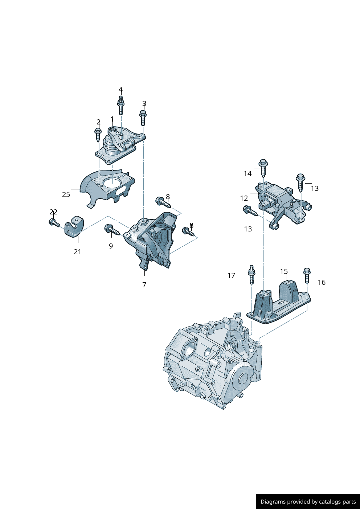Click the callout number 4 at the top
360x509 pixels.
pos(120,90)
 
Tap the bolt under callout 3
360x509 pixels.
pos(143,118)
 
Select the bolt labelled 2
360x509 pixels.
pos(98,135)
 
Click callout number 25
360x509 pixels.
pos(66,194)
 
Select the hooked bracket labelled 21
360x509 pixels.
pos(74,227)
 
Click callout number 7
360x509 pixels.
pos(144,285)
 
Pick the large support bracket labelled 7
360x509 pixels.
pos(152,239)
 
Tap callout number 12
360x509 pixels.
pos(244,198)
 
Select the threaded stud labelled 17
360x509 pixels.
pos(251,275)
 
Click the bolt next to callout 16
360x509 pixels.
pos(307,276)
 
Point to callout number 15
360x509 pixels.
pos(284,271)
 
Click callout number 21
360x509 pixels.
pos(77,252)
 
